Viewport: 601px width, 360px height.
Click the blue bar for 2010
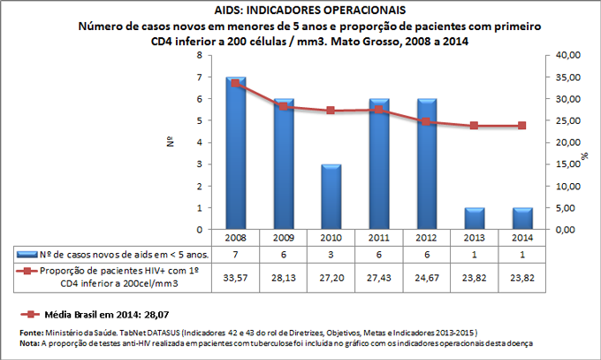point(331,196)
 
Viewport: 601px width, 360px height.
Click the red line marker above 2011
point(379,110)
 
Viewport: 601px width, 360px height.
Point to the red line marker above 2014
point(521,126)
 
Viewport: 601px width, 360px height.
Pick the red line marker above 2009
point(284,107)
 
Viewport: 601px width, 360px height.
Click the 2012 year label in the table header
point(427,238)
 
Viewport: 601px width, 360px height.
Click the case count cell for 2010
point(331,255)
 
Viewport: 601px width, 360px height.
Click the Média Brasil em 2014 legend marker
point(28,313)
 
